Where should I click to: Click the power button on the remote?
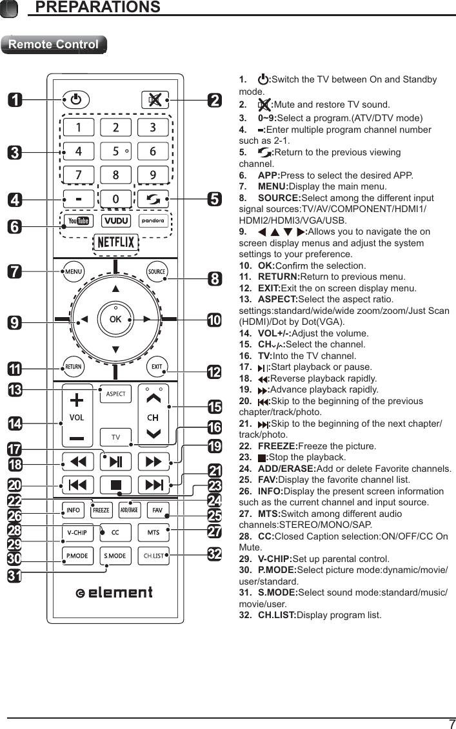click(76, 100)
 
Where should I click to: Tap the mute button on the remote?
click(154, 100)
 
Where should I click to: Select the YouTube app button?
click(79, 220)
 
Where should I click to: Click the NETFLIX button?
click(115, 242)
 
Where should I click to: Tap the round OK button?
click(115, 319)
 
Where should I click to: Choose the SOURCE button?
click(157, 271)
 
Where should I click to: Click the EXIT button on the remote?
click(157, 367)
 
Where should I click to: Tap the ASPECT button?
click(115, 394)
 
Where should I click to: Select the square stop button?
click(115, 484)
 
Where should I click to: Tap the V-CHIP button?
click(77, 532)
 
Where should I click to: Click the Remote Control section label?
click(54, 44)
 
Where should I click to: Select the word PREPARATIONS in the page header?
click(97, 7)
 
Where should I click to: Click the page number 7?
click(451, 723)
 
